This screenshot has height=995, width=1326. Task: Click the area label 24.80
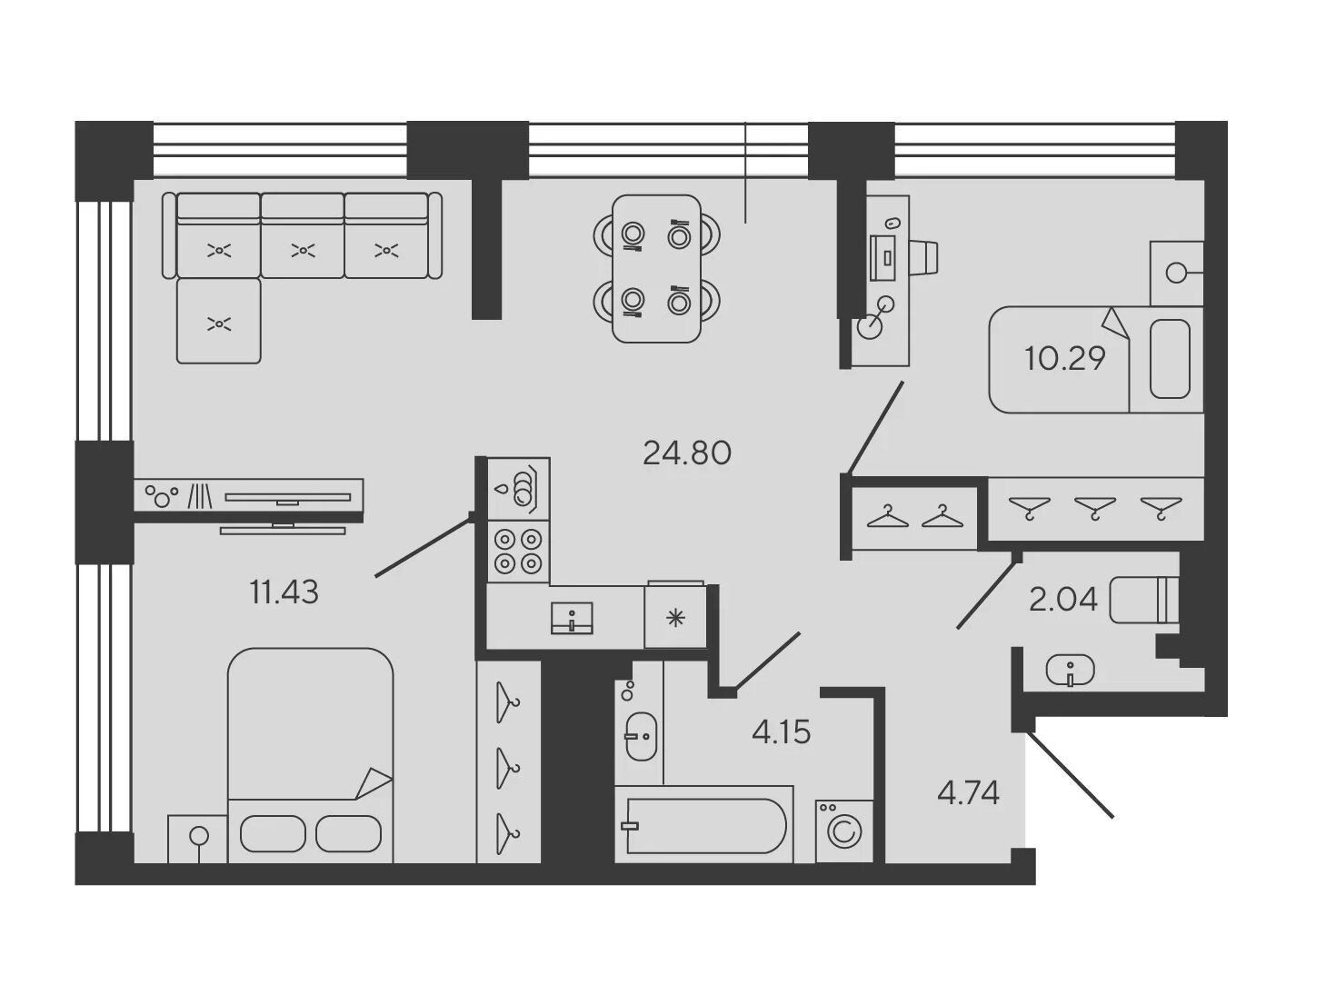pos(687,453)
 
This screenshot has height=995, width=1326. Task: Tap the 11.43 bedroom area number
pos(284,592)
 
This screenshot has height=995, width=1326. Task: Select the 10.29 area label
pos(1064,359)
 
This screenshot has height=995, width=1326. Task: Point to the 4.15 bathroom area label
pos(781,732)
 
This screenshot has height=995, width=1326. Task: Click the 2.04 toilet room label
pos(1063,600)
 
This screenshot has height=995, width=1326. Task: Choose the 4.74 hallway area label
pos(969,793)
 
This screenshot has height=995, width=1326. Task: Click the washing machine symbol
pos(844,831)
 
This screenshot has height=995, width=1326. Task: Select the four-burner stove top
pos(518,551)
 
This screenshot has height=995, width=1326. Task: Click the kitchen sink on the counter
pos(572,618)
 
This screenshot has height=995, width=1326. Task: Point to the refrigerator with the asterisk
pos(675,616)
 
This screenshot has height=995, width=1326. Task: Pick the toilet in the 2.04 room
pos(1143,600)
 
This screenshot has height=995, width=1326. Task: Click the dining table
pos(657,269)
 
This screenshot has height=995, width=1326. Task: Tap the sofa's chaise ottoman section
pos(219,321)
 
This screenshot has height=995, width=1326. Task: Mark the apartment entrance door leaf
pos(1071,775)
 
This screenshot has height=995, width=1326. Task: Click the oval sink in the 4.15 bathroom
pos(641,737)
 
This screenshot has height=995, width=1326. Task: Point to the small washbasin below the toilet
pos(1071,671)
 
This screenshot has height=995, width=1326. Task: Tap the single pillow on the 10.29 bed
pos(1171,359)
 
